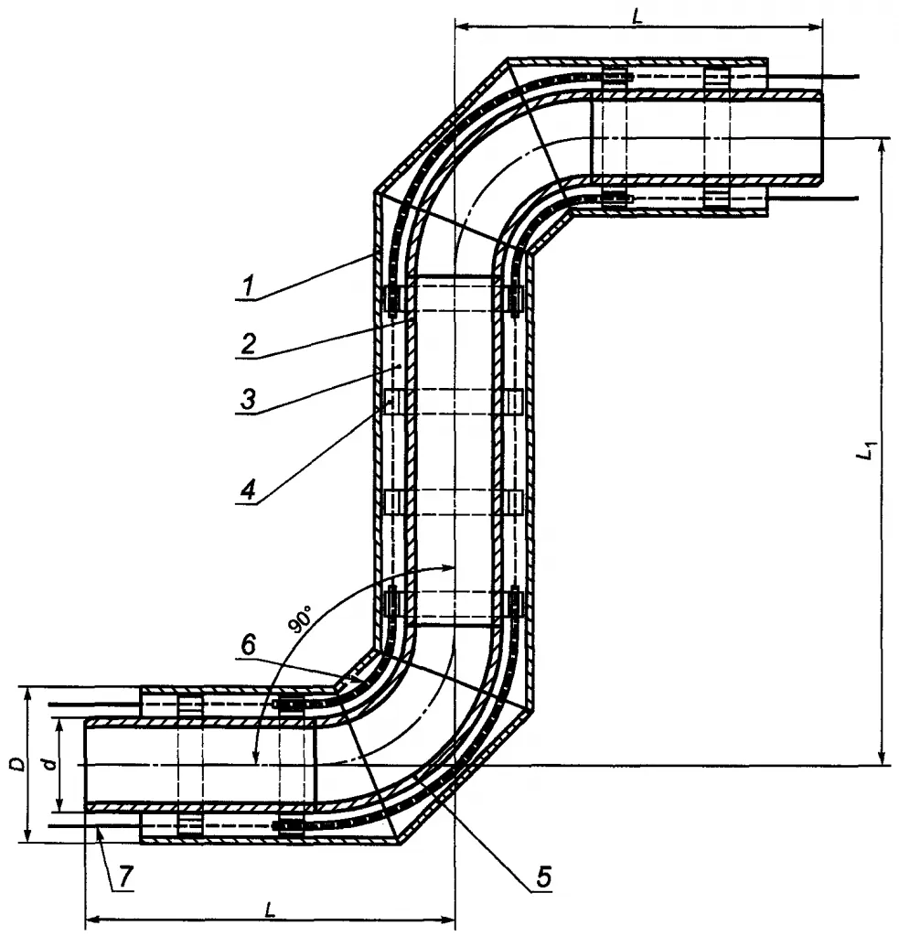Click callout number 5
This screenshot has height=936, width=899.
point(543,876)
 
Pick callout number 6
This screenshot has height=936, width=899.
point(247,644)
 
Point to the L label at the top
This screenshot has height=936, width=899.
point(637,15)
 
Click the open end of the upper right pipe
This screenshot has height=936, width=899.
point(822,137)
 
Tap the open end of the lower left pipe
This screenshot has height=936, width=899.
point(85,763)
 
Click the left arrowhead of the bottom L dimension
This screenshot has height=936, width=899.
point(91,918)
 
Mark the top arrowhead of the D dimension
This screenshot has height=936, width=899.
point(28,692)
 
